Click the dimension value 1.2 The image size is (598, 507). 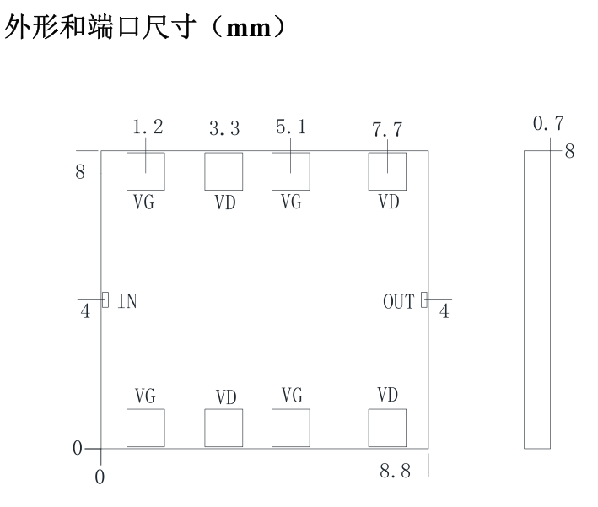coord(148,127)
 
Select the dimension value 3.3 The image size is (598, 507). coord(224,128)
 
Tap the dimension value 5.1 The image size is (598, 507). coord(291,127)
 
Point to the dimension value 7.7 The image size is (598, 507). coord(387,130)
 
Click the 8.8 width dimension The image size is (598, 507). coord(395,471)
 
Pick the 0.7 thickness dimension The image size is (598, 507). coord(548,124)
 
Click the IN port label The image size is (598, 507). coord(127,301)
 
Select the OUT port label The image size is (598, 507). coord(399,302)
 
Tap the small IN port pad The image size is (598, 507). coord(105,299)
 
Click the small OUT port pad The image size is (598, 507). coord(424,299)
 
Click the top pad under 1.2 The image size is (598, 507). coord(146,171)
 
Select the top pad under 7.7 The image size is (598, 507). coord(387,171)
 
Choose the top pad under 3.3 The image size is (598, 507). coord(224,171)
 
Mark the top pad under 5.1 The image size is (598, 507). coord(291,171)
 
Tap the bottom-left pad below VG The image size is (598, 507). coord(146,428)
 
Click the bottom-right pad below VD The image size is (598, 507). coord(387,428)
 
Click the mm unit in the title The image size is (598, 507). coord(249,29)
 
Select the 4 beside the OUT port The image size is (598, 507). coord(444,311)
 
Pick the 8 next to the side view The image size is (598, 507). coord(569,151)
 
